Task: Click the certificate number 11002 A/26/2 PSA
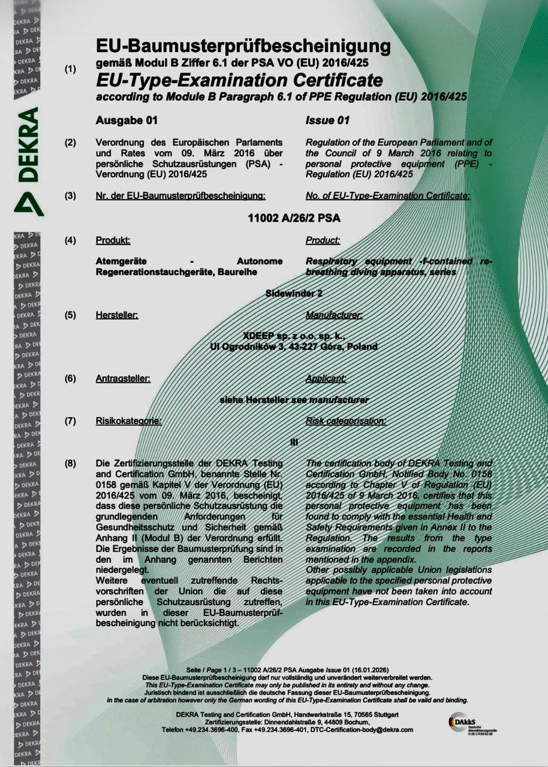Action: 294,218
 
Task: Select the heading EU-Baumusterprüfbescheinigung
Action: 243,46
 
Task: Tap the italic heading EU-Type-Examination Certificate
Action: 239,80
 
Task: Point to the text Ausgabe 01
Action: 127,120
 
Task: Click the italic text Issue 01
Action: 327,120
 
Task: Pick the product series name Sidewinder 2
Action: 294,293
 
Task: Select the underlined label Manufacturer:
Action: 334,315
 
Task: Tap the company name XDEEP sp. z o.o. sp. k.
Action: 294,336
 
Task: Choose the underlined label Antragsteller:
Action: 123,379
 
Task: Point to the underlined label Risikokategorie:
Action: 128,421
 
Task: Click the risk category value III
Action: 294,442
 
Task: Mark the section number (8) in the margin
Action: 70,463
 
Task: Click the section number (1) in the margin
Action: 70,69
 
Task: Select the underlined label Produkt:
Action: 113,240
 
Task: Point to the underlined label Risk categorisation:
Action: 345,421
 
